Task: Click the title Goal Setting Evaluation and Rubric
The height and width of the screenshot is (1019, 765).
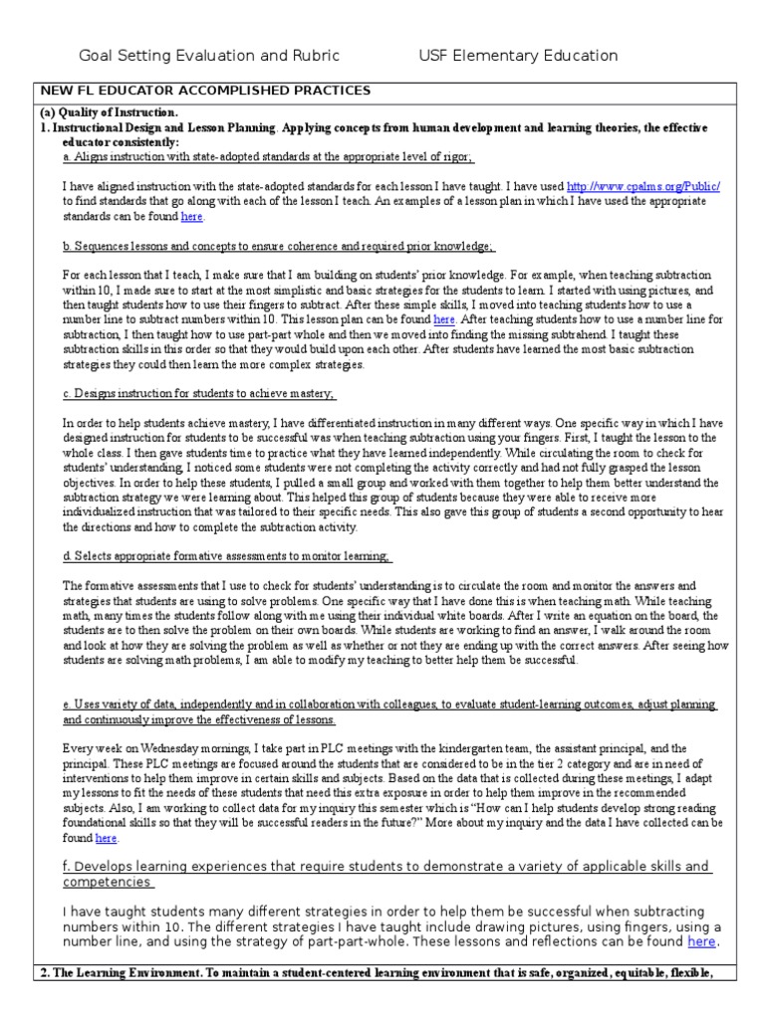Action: click(209, 56)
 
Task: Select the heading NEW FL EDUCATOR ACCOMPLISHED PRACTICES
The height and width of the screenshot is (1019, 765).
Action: click(205, 91)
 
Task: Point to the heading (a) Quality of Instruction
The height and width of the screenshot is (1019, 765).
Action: click(109, 112)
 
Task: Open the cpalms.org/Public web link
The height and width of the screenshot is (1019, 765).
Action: click(642, 186)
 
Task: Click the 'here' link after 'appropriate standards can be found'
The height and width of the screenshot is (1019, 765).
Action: click(191, 215)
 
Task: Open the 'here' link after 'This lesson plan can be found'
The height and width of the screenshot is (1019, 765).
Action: click(443, 318)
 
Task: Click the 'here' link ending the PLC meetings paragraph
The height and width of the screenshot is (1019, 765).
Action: click(106, 839)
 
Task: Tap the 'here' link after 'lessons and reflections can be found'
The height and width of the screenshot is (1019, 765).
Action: click(700, 940)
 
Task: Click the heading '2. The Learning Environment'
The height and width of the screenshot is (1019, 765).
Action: click(375, 972)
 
